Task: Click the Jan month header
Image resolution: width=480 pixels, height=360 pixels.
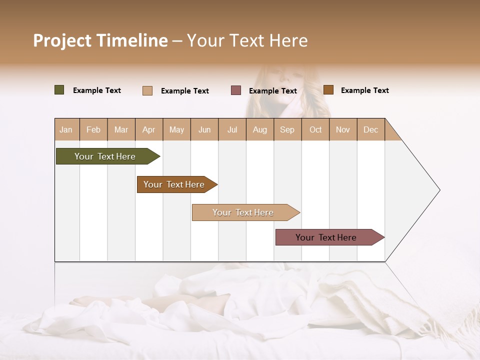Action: coord(66,130)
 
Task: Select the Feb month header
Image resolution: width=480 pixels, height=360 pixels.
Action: coord(93,130)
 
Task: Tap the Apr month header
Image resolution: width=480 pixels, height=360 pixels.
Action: coord(148,130)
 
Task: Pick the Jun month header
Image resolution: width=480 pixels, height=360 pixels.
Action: coord(204,130)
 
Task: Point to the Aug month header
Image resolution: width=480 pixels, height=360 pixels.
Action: coord(259,130)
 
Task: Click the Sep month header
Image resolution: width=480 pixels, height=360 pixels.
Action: coord(287,130)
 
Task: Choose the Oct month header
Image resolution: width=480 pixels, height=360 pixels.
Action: coord(315,130)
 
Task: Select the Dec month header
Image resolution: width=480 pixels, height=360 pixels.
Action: coord(370,130)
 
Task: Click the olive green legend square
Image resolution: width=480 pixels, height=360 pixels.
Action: coord(59,90)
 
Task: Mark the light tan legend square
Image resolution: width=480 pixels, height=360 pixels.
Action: coord(147,90)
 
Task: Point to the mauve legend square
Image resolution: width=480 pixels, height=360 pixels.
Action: coord(236,90)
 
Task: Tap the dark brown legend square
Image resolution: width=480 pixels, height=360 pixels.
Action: coord(328,90)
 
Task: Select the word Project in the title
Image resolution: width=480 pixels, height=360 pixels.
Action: coord(62,40)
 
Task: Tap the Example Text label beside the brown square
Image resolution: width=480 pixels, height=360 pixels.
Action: coord(364,90)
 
